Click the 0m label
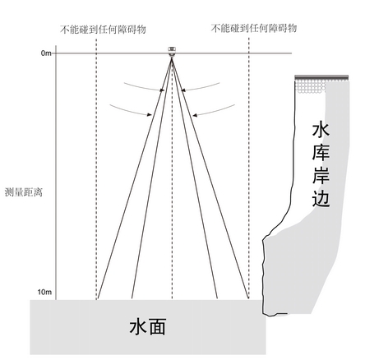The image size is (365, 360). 46,53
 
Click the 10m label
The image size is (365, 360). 44,292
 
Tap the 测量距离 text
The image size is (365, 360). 24,192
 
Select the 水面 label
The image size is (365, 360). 147,327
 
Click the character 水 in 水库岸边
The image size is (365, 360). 321,131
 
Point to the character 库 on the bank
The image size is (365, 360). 321,153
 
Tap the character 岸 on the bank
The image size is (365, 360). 321,175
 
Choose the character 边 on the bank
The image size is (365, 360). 321,198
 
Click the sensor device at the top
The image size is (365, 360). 172,52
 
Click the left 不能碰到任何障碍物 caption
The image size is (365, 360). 103,30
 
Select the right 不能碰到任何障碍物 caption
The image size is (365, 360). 254,28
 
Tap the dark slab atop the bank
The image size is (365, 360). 321,77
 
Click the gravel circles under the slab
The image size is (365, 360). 310,86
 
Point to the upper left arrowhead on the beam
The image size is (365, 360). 162,90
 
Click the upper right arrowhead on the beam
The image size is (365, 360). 183,90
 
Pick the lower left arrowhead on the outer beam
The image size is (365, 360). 149,114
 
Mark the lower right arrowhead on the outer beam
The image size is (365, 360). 195,115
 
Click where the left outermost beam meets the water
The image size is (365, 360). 98,299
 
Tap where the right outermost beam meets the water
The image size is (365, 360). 248,298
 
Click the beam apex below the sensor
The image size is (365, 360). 172,58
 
